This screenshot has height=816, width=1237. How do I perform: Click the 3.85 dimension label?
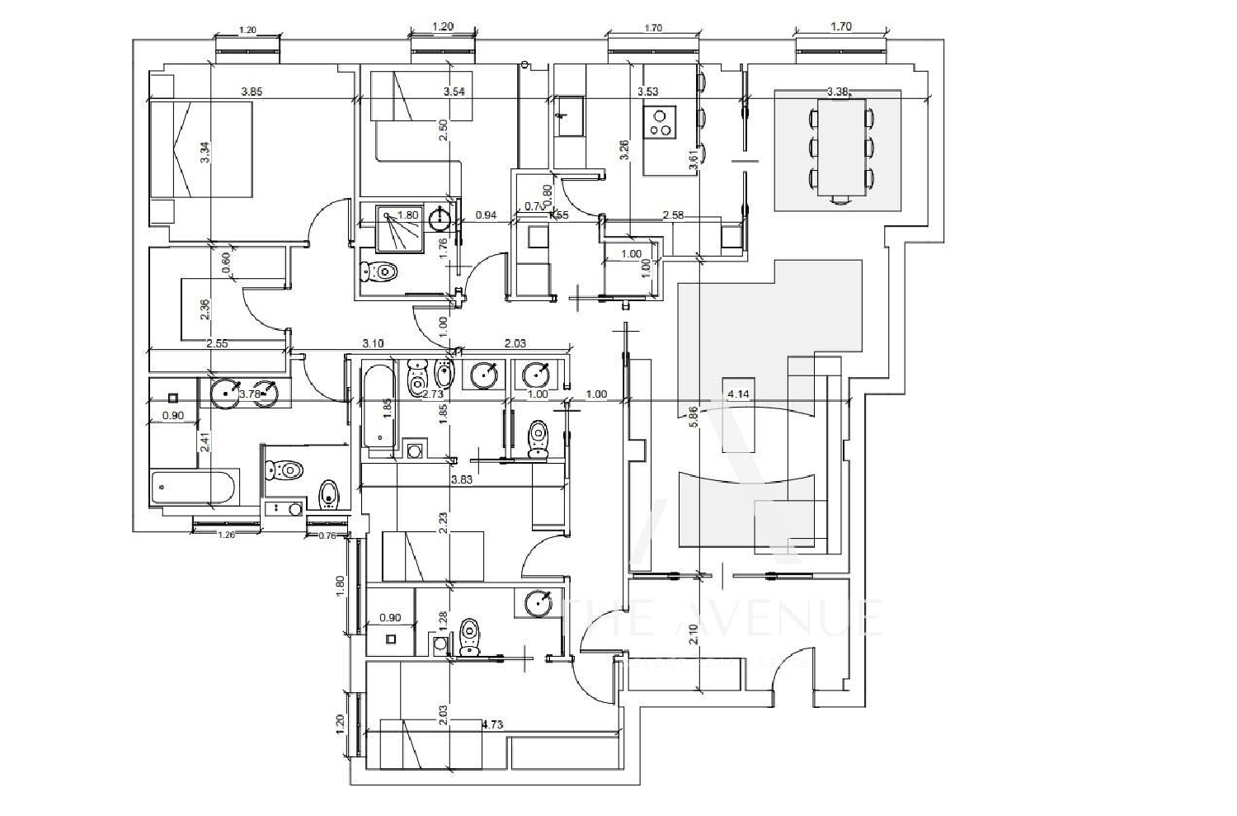[252, 92]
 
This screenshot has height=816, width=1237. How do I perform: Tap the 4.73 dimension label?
[492, 725]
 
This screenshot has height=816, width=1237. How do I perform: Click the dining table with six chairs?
[841, 147]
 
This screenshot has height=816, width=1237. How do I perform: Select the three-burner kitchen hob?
[660, 122]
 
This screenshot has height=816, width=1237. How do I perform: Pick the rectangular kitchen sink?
[570, 115]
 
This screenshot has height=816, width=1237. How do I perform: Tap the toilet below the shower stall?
[380, 271]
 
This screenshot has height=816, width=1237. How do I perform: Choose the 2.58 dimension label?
[674, 215]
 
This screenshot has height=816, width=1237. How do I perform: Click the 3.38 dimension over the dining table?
[838, 92]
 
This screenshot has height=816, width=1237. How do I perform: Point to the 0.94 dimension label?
[487, 215]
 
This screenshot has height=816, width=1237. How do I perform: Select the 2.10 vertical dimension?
[694, 634]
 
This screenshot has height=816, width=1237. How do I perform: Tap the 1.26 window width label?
[226, 535]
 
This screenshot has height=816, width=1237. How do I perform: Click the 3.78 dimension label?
[249, 394]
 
